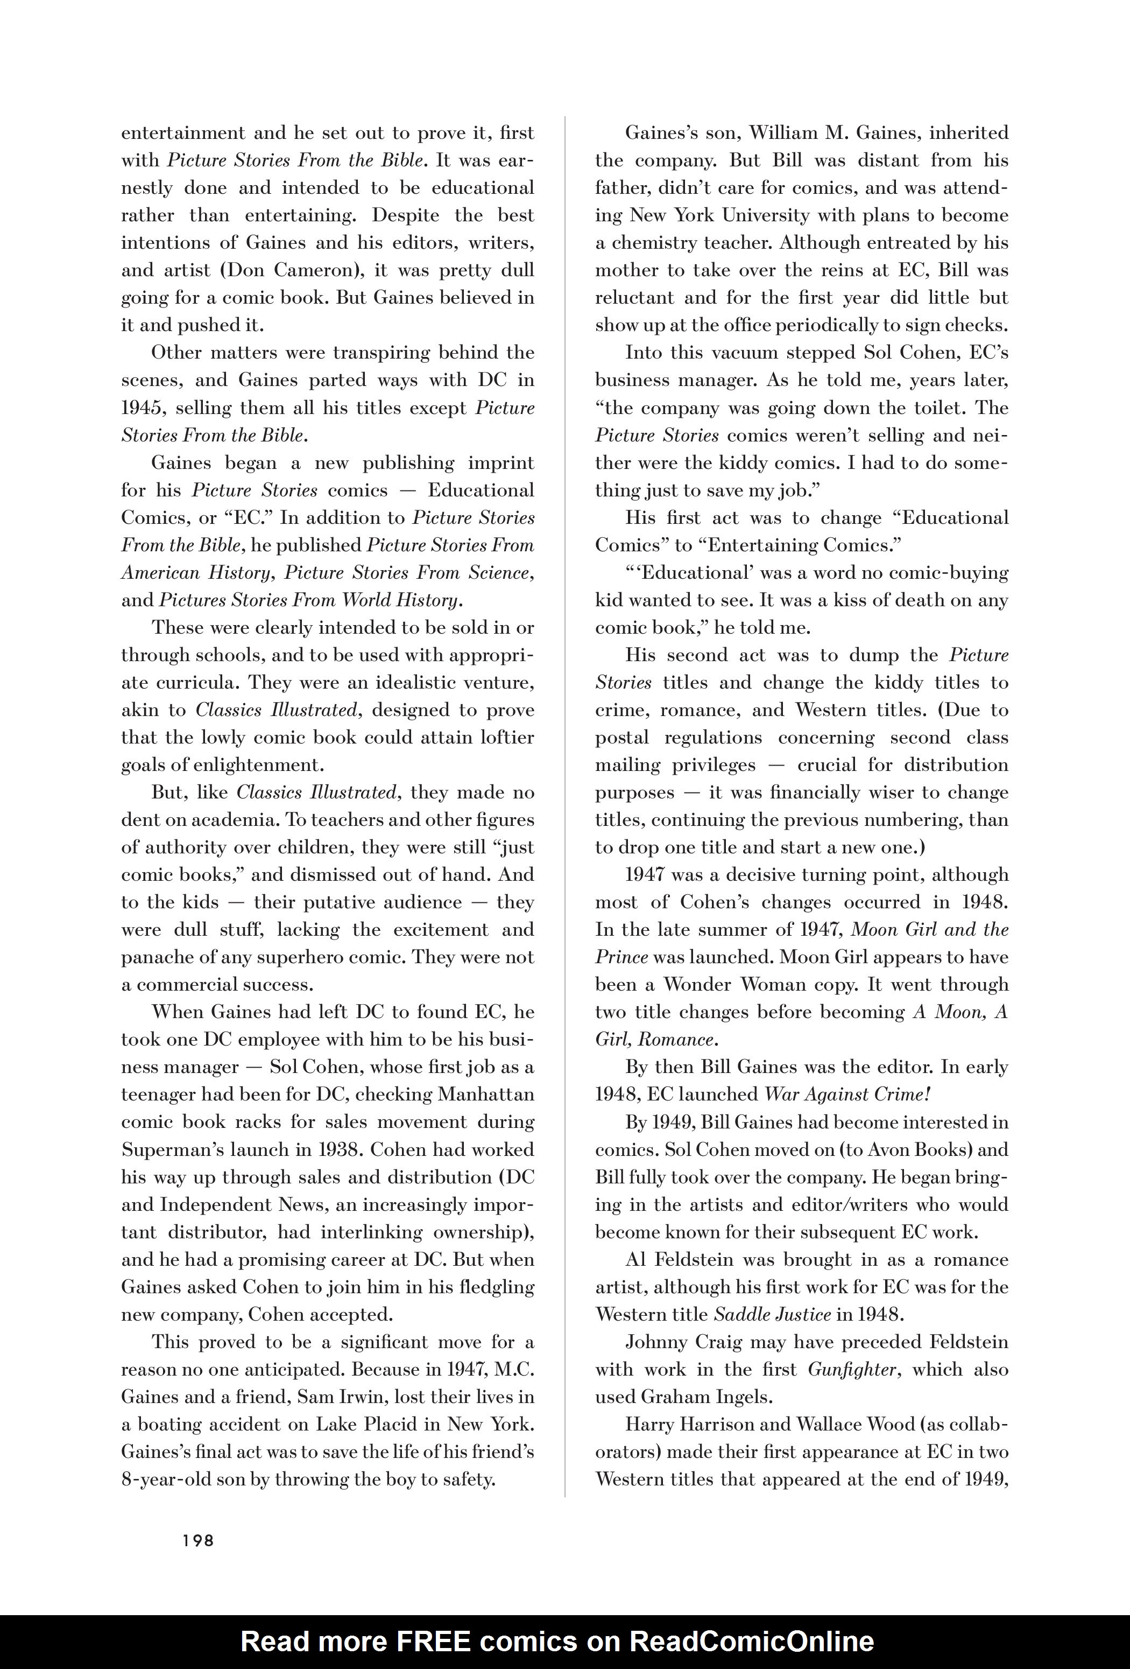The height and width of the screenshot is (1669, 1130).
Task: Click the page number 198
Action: coord(198,1540)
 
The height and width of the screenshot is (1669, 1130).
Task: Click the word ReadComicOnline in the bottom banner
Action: coord(752,1641)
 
